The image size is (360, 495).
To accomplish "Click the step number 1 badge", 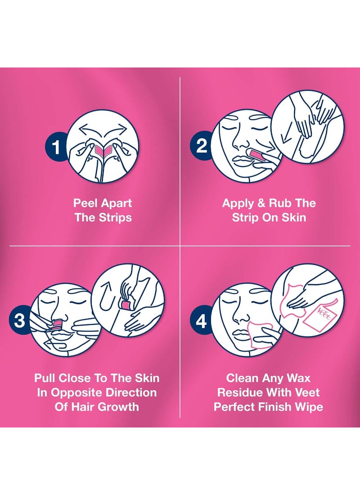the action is pos(56,147).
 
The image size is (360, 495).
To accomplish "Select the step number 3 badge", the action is pos(20,320).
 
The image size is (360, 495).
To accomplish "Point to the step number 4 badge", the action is pos(201,321).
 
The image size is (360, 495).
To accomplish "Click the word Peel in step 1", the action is pos(85,203).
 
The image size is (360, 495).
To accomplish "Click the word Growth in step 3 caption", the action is pos(117,407).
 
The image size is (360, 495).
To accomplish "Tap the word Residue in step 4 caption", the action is pos(241,392).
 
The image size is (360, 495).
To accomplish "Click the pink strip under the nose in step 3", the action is pos(58,325).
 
